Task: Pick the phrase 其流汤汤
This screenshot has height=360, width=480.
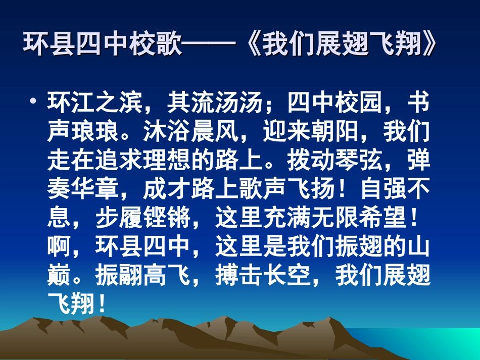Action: pos(214,104)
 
